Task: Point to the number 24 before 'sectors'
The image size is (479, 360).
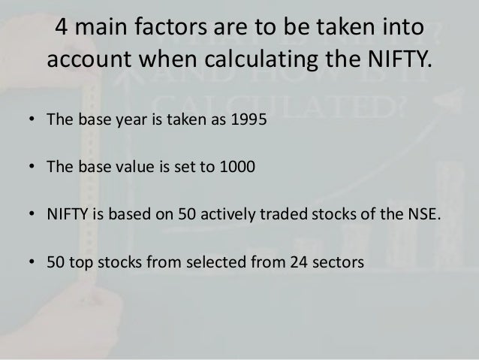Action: [309, 263]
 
